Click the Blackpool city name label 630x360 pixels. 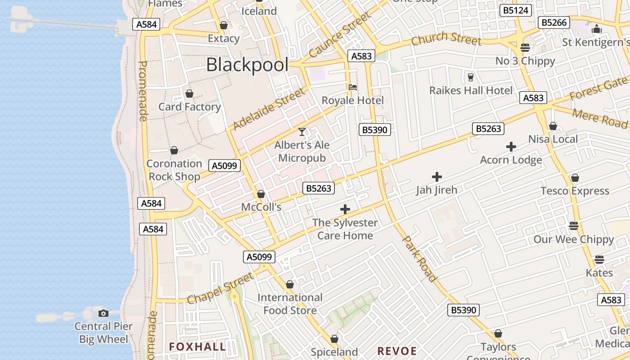coord(247,65)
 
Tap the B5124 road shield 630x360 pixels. coord(516,10)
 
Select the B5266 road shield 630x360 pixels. coord(554,22)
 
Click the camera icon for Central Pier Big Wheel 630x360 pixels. coord(103,313)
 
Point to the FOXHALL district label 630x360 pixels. coord(198,346)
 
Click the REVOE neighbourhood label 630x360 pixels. coord(397,351)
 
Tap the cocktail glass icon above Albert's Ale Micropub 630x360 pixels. coord(302,132)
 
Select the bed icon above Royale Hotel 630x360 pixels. coord(353,87)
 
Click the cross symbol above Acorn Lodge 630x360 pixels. coord(511,147)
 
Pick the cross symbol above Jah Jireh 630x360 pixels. coord(436,177)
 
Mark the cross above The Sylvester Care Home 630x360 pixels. coord(345,209)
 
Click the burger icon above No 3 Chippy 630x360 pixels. coord(525,47)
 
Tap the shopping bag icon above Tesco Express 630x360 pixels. coord(575,178)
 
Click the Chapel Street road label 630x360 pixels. coord(220,288)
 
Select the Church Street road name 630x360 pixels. coord(446,38)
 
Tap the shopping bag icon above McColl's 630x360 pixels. coord(261,194)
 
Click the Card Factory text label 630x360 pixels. coord(189,107)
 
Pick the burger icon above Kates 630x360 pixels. coord(599,260)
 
